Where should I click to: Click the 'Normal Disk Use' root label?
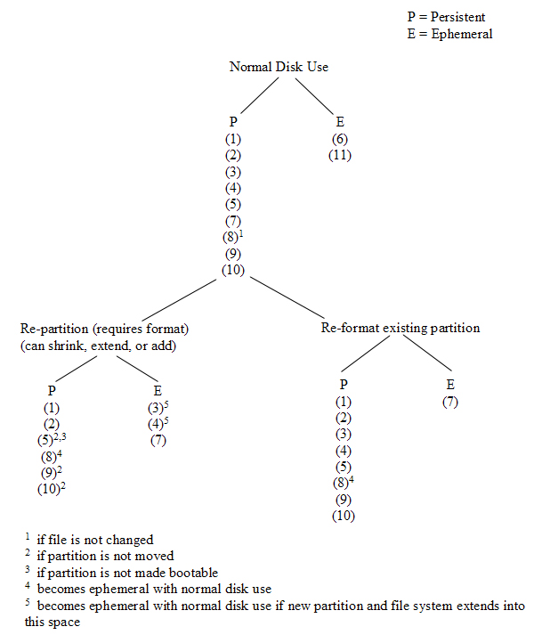coord(279,67)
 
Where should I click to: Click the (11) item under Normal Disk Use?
coord(340,155)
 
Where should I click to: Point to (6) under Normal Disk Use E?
coord(340,139)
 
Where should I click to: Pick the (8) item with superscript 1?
coord(234,237)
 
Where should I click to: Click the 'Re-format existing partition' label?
coord(400,328)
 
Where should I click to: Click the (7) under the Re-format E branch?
coord(450,402)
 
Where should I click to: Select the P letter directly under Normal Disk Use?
coord(233,121)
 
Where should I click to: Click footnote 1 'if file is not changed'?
coord(92,540)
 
